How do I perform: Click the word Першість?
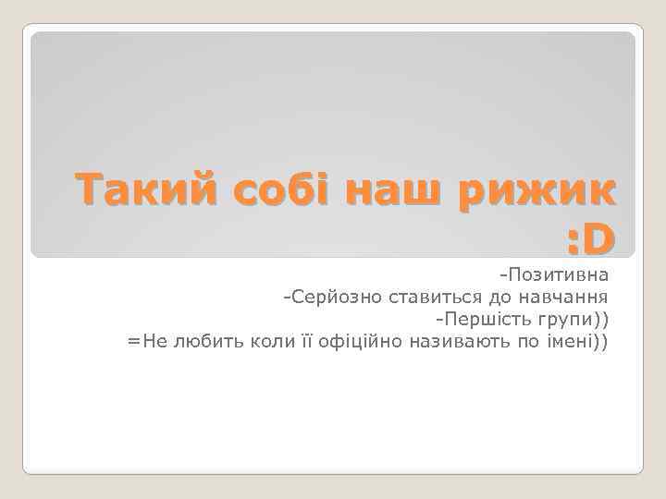(x=482, y=319)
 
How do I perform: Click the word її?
(x=304, y=341)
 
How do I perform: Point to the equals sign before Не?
(x=133, y=341)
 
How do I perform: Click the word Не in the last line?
(x=152, y=341)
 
